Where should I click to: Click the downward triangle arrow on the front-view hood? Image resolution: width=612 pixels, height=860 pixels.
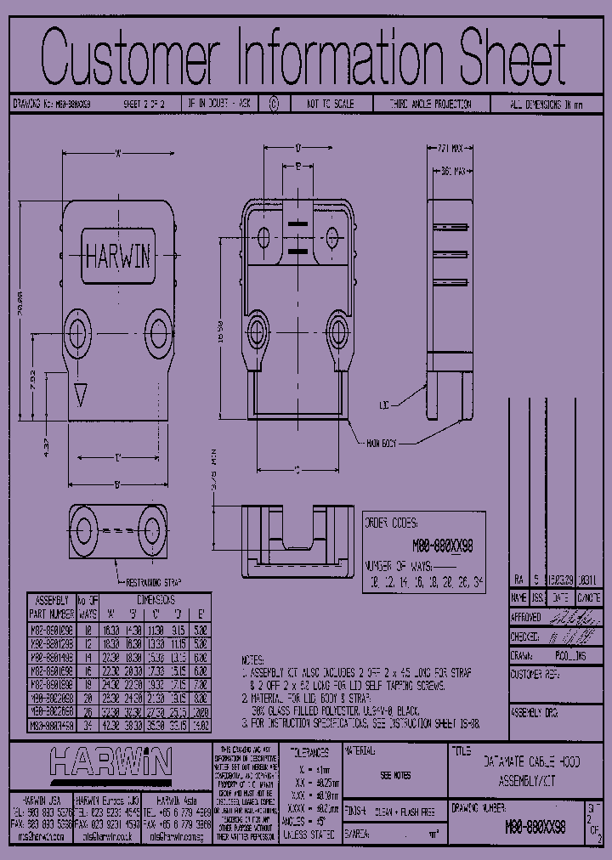[x=81, y=395]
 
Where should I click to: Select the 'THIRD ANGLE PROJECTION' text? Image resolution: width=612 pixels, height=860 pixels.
[x=430, y=104]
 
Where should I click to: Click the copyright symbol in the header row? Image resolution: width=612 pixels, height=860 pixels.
[x=273, y=104]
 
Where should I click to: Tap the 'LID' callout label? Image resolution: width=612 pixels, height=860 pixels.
[x=384, y=406]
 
